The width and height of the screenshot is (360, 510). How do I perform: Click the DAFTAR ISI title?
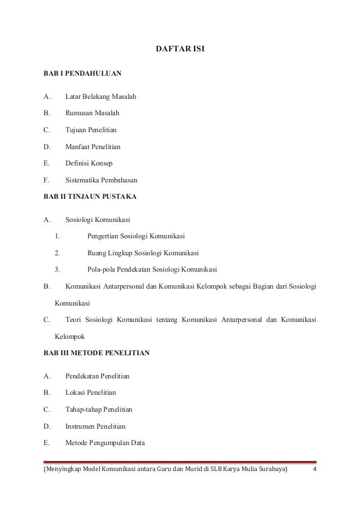point(180,50)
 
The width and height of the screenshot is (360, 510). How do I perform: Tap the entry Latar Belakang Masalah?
point(100,97)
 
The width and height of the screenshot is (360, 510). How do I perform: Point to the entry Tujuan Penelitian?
point(91,130)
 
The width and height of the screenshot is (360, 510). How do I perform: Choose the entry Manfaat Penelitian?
point(93,147)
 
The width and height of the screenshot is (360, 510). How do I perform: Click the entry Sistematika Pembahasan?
point(102,180)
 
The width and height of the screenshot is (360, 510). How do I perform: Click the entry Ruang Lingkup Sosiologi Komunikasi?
point(143,252)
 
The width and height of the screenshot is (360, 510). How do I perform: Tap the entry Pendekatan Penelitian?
point(98,376)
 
